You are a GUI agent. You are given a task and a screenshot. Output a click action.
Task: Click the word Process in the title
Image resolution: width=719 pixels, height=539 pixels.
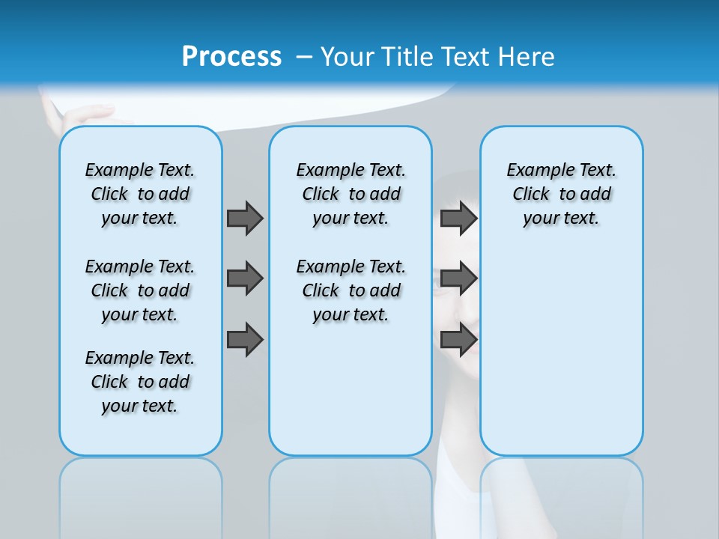pyautogui.click(x=231, y=56)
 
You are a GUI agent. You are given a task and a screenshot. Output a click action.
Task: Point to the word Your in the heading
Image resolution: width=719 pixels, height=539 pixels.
pyautogui.click(x=348, y=56)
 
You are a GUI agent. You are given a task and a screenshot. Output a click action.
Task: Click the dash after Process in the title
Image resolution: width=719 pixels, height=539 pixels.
pyautogui.click(x=304, y=57)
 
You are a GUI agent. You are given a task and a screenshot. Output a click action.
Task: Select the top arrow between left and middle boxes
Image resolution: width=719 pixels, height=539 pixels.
pyautogui.click(x=245, y=218)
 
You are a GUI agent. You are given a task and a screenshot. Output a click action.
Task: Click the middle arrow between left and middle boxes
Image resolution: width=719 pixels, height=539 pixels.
pyautogui.click(x=245, y=278)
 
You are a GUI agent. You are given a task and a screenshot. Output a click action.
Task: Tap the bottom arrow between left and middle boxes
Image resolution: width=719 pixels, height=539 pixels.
pyautogui.click(x=245, y=339)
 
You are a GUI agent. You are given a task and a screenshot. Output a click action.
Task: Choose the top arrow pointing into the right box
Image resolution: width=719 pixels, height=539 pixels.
pyautogui.click(x=458, y=218)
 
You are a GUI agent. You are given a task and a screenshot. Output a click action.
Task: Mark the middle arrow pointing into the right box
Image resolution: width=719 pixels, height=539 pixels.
pyautogui.click(x=458, y=278)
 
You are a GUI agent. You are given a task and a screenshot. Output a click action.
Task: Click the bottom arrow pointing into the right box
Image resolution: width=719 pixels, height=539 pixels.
pyautogui.click(x=458, y=339)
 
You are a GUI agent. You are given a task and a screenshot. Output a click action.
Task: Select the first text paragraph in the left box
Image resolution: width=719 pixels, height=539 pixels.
pyautogui.click(x=140, y=194)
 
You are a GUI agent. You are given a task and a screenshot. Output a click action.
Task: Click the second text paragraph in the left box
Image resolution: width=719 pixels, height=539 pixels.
pyautogui.click(x=140, y=290)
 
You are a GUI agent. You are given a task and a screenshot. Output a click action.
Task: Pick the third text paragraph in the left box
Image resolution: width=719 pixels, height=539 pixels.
pyautogui.click(x=140, y=382)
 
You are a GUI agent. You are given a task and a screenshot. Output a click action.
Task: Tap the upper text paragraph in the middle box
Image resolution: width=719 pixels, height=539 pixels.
pyautogui.click(x=351, y=194)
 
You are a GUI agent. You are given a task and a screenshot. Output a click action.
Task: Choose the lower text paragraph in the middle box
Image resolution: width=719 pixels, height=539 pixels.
pyautogui.click(x=351, y=290)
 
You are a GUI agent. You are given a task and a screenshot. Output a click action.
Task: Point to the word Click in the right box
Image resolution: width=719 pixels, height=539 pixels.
pyautogui.click(x=531, y=195)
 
